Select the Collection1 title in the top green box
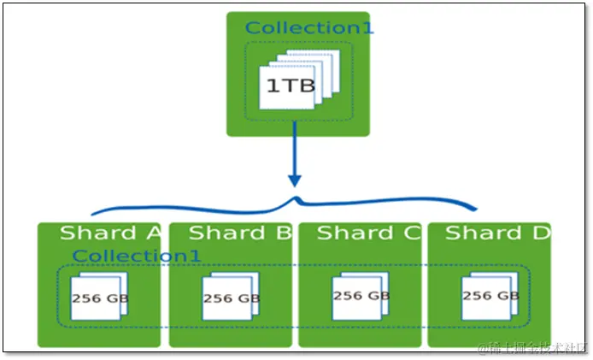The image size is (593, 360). pyautogui.click(x=308, y=27)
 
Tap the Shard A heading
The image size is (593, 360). pyautogui.click(x=109, y=233)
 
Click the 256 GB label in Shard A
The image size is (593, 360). pyautogui.click(x=97, y=299)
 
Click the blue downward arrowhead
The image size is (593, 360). pyautogui.click(x=295, y=180)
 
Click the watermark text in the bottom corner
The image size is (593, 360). pyautogui.click(x=530, y=347)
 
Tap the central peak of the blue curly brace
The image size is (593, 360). pyautogui.click(x=296, y=199)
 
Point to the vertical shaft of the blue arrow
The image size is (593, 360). pyautogui.click(x=295, y=150)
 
